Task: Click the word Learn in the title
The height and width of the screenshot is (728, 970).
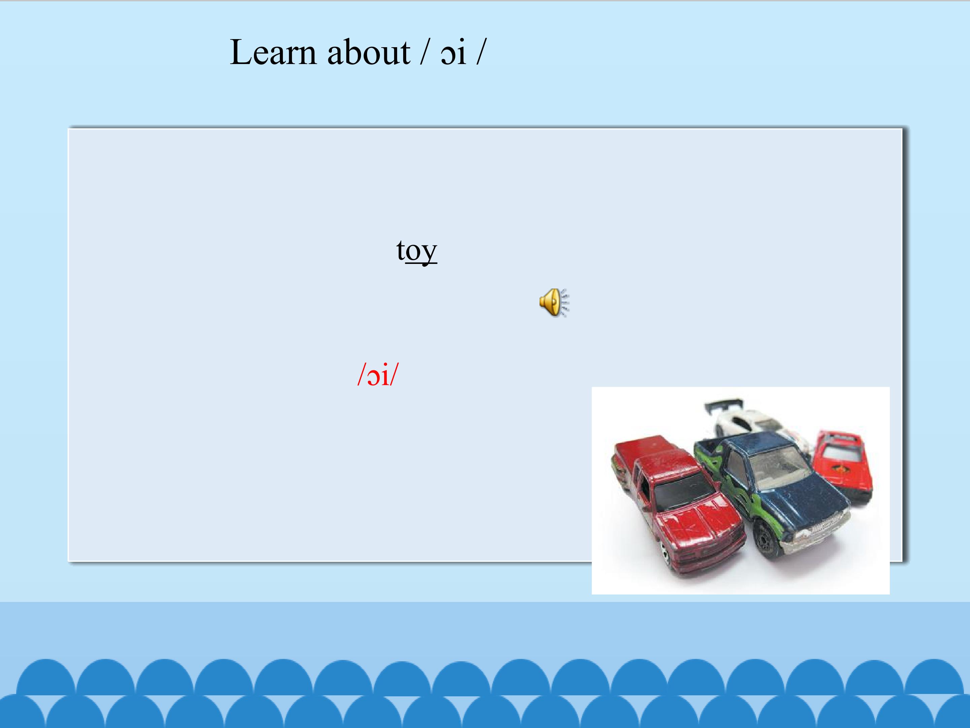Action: [272, 53]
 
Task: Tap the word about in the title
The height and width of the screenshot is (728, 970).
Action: [368, 53]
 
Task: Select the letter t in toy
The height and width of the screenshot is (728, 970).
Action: [400, 250]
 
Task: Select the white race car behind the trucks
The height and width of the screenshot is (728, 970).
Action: [754, 423]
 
